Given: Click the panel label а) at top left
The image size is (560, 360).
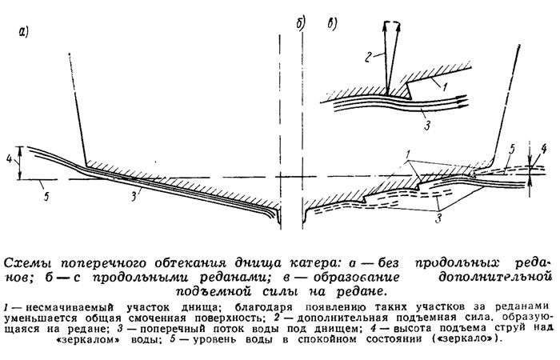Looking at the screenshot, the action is click(x=23, y=33).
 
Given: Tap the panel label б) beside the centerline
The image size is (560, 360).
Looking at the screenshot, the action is click(x=300, y=24).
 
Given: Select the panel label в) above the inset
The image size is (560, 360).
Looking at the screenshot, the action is click(x=332, y=24).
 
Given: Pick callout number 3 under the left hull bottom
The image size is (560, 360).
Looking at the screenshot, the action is click(x=134, y=196).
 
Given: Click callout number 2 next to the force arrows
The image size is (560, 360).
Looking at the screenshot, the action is click(x=370, y=57).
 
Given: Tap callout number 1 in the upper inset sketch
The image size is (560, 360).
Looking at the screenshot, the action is click(x=444, y=86).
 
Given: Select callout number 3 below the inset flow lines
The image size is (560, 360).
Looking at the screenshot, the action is click(x=427, y=126).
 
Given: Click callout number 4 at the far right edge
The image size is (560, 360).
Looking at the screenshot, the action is click(x=543, y=149).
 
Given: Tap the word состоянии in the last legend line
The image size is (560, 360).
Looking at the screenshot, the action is click(x=392, y=338).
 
